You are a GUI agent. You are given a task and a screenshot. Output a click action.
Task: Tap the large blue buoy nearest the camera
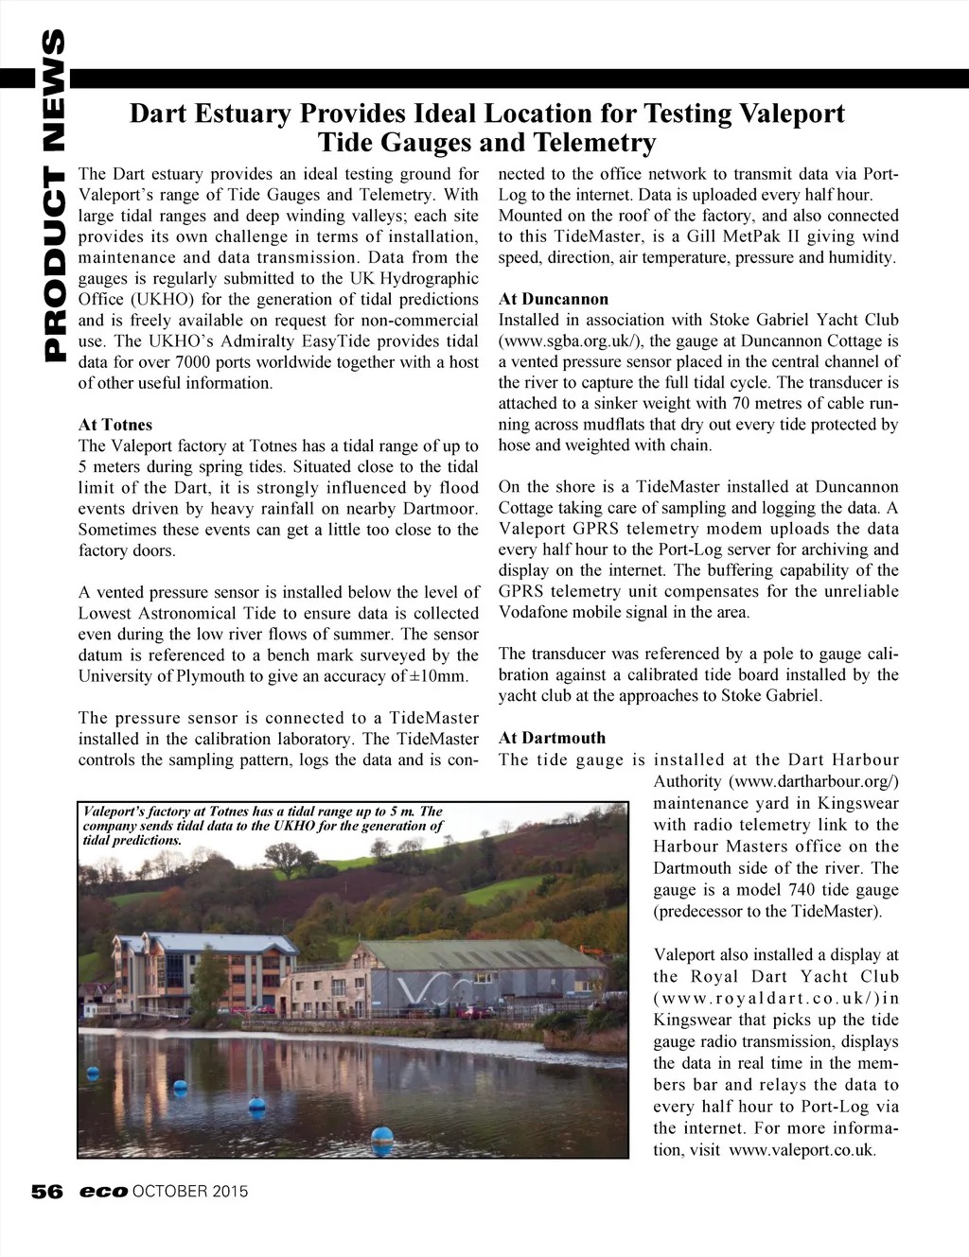pyautogui.click(x=381, y=1137)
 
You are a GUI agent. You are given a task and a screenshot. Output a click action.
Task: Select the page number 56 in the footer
pyautogui.click(x=46, y=1192)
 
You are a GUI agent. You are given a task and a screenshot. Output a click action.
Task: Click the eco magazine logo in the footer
pyautogui.click(x=103, y=1192)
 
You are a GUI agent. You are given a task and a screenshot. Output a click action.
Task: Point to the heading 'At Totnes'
pyautogui.click(x=115, y=425)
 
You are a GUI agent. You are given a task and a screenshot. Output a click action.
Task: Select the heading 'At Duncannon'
pyautogui.click(x=554, y=299)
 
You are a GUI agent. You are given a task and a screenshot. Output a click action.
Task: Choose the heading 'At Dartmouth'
pyautogui.click(x=552, y=738)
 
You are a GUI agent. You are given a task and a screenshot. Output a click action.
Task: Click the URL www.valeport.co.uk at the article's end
pyautogui.click(x=802, y=1150)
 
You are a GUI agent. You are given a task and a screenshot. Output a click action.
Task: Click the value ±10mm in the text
pyautogui.click(x=441, y=676)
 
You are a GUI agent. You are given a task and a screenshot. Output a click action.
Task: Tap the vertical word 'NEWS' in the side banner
pyautogui.click(x=44, y=95)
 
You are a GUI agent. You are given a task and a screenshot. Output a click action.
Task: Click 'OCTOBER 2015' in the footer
pyautogui.click(x=190, y=1192)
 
